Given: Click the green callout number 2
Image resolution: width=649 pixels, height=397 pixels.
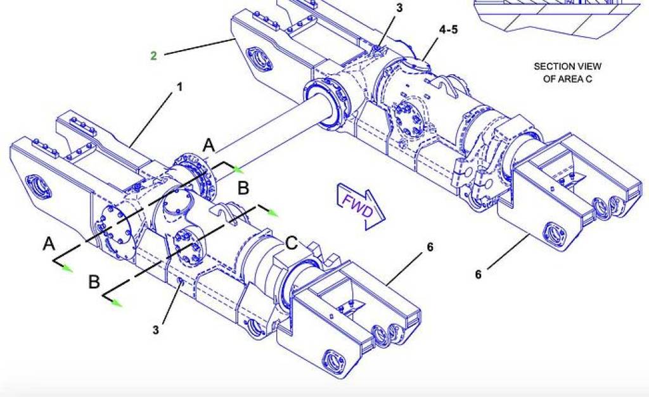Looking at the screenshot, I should click(x=153, y=56).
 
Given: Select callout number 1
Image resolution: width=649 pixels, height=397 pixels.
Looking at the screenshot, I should click(x=179, y=88).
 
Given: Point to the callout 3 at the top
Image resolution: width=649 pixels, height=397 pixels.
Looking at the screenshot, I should click(x=399, y=8).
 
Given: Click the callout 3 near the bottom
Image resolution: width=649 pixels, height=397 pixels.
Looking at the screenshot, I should click(x=156, y=329).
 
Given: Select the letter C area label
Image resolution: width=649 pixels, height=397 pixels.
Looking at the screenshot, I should click(x=292, y=242).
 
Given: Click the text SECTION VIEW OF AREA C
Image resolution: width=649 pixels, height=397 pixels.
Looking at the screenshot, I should click(x=567, y=72).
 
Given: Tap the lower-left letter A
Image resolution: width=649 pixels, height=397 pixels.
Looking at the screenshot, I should click(x=49, y=244).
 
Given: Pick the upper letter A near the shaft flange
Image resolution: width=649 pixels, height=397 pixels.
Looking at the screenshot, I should click(x=209, y=146).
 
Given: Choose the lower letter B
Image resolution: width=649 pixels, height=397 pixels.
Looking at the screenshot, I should click(x=94, y=282).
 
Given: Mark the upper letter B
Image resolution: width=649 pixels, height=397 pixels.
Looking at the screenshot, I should click(x=243, y=188).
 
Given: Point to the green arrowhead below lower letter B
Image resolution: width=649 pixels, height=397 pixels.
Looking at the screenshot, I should click(x=116, y=303).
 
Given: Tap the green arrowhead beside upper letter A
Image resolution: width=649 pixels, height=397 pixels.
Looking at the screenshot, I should click(x=238, y=169).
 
